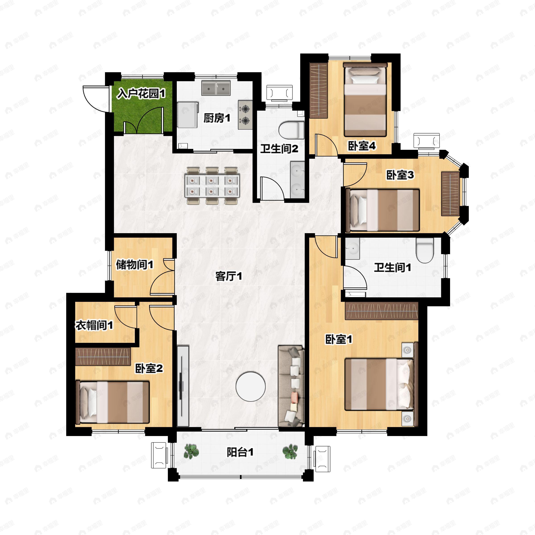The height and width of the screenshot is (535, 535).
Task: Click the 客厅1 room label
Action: point(229,276)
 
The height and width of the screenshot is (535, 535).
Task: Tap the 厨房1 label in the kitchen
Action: point(217,119)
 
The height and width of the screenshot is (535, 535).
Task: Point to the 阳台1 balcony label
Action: point(240,453)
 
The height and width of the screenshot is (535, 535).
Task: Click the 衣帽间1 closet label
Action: point(95,325)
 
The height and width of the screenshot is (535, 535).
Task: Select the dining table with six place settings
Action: point(212,185)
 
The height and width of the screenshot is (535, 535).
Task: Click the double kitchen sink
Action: point(216,88)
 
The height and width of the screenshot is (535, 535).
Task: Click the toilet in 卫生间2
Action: point(291,130)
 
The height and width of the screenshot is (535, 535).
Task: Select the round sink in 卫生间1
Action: point(352,248)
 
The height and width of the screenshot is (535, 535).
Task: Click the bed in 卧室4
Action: point(365,99)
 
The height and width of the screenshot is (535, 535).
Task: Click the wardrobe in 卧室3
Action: point(450,193)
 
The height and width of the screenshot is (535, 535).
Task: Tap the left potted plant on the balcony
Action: point(191,452)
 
